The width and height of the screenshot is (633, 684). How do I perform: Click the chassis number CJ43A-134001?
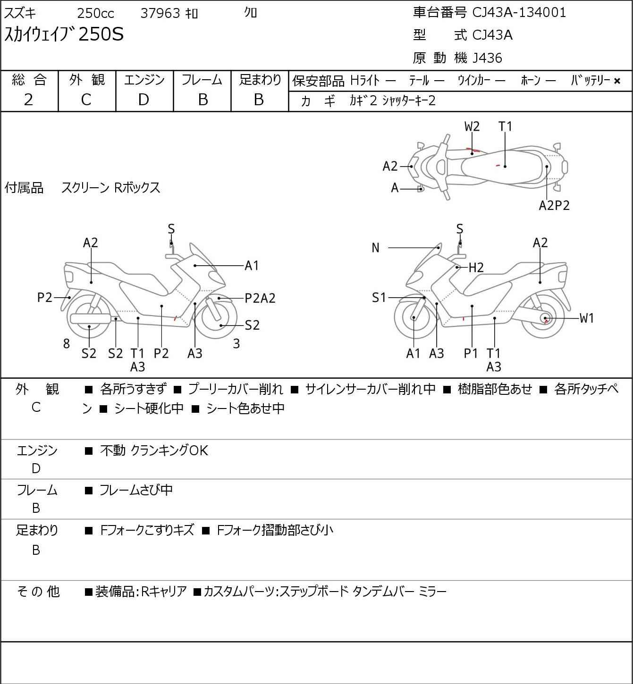519,12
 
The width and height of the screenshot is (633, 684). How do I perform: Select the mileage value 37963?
160,13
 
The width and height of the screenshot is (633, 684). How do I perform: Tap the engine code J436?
487,58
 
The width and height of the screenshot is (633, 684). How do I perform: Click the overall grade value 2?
29,100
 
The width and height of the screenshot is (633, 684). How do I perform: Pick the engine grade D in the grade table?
144,100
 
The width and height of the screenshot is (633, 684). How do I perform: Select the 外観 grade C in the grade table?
86,100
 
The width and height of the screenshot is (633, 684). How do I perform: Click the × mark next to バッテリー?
617,81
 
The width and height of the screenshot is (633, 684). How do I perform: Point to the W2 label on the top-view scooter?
472,126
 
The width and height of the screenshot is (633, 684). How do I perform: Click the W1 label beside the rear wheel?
586,318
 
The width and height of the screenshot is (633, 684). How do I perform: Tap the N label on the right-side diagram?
376,248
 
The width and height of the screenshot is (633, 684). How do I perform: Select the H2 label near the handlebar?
476,268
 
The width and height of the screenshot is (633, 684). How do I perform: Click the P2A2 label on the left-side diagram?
260,298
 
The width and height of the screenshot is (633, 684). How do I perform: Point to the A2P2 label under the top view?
554,206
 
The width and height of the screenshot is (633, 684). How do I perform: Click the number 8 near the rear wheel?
67,344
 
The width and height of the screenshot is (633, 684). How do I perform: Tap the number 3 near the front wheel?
236,344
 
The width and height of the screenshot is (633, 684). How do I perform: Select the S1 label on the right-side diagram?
379,298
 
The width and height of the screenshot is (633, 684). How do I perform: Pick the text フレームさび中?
136,490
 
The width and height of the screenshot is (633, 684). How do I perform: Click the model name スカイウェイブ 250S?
64,34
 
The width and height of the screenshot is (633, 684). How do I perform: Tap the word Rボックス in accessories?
137,188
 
